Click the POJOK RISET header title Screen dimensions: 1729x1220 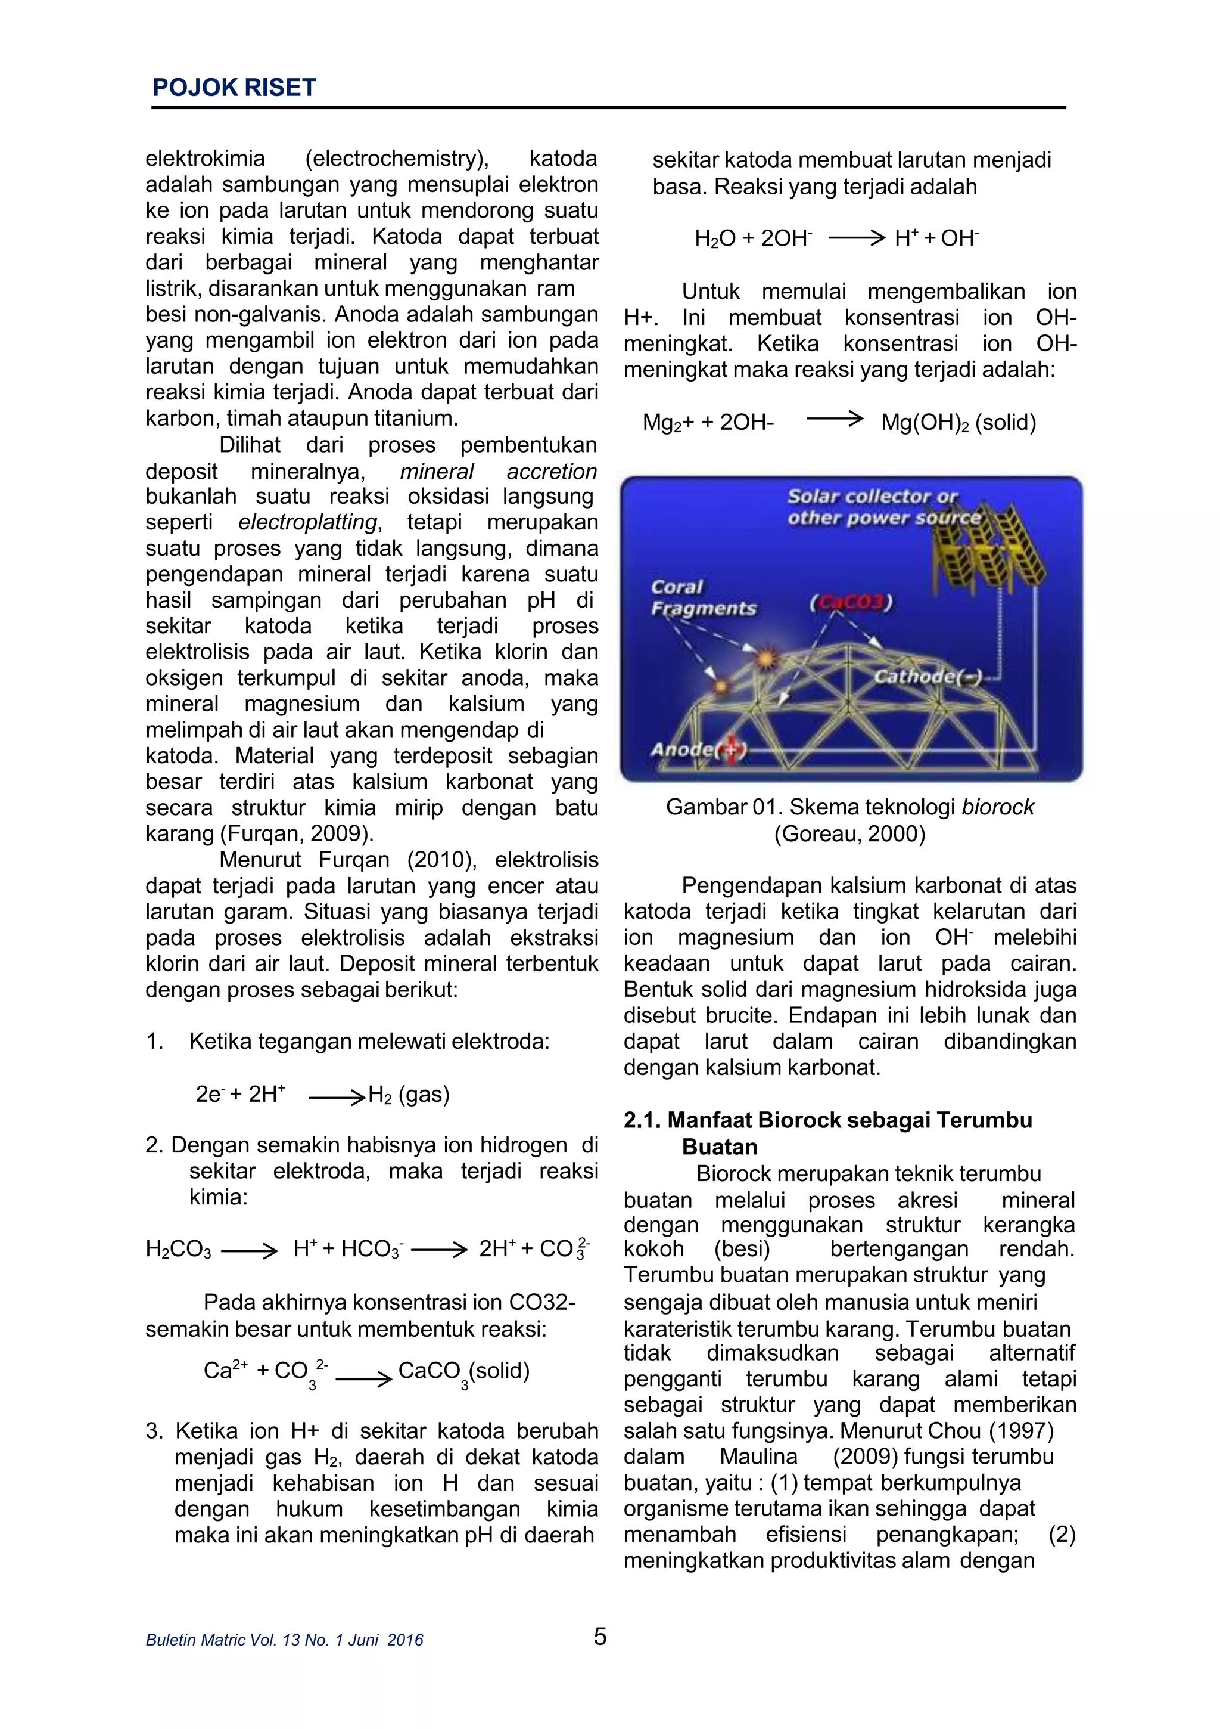coord(234,88)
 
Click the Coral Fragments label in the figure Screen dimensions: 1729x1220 coord(703,598)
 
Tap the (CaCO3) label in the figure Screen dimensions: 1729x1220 coord(851,603)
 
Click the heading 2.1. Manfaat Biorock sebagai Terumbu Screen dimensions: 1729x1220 coord(828,1120)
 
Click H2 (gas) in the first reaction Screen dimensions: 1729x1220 coord(409,1094)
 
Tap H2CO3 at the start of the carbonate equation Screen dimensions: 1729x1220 coord(178,1249)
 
